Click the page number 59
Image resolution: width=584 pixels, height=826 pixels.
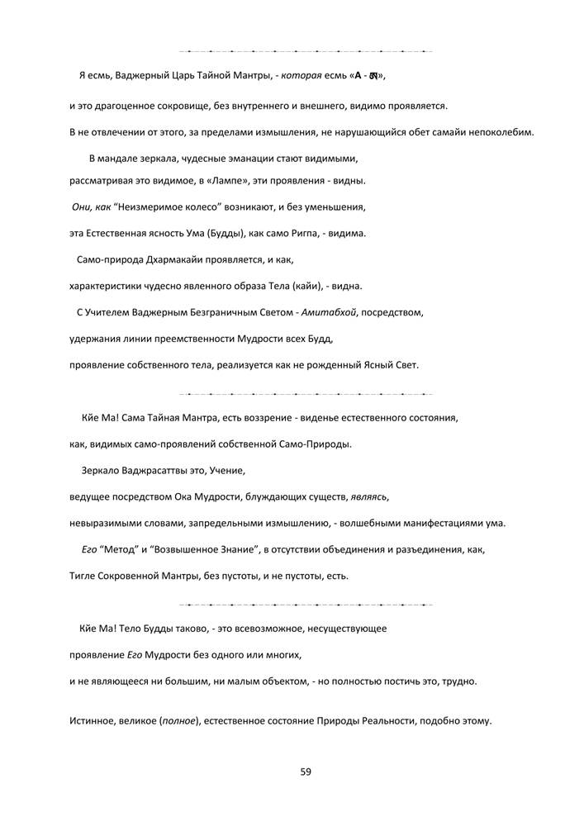[306, 771]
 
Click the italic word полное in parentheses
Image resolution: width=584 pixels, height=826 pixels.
[180, 721]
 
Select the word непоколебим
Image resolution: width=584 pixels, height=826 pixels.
[501, 132]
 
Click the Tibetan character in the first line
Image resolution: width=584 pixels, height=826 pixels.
[375, 77]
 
